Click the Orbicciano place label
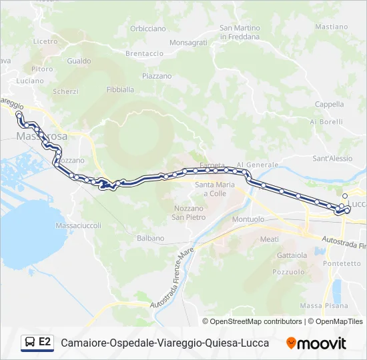(148, 29)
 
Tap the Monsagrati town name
(188, 42)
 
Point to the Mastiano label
(332, 27)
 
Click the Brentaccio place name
(144, 53)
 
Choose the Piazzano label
(157, 76)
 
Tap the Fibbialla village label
(120, 89)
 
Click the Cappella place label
(329, 104)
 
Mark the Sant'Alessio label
(332, 159)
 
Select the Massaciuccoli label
(79, 225)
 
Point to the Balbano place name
(150, 238)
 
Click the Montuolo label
(248, 219)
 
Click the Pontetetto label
(341, 263)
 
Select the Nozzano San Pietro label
(188, 213)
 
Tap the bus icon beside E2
(29, 343)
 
